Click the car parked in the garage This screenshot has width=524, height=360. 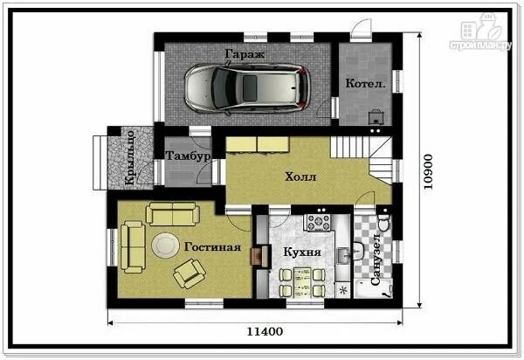(248, 87)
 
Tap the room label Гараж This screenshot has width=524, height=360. (245, 54)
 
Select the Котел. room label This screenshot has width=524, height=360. (365, 83)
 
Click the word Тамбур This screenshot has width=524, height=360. (188, 156)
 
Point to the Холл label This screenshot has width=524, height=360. (300, 177)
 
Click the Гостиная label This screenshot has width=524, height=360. (212, 247)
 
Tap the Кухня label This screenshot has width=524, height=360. (302, 252)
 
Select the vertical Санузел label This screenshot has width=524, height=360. (376, 260)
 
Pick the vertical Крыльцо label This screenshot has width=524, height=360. (129, 158)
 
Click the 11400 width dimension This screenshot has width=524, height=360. (265, 331)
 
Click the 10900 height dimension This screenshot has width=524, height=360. (428, 172)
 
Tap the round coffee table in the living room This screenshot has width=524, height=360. (165, 245)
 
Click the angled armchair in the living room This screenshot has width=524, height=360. (190, 273)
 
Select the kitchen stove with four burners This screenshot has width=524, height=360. (319, 222)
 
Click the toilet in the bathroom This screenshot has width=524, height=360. (383, 222)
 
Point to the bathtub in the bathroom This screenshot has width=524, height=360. (373, 289)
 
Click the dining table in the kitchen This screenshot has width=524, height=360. (302, 283)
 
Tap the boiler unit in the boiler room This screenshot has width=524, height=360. (376, 117)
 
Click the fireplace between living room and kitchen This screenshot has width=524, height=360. (261, 256)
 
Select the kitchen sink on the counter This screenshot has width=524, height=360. (342, 256)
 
